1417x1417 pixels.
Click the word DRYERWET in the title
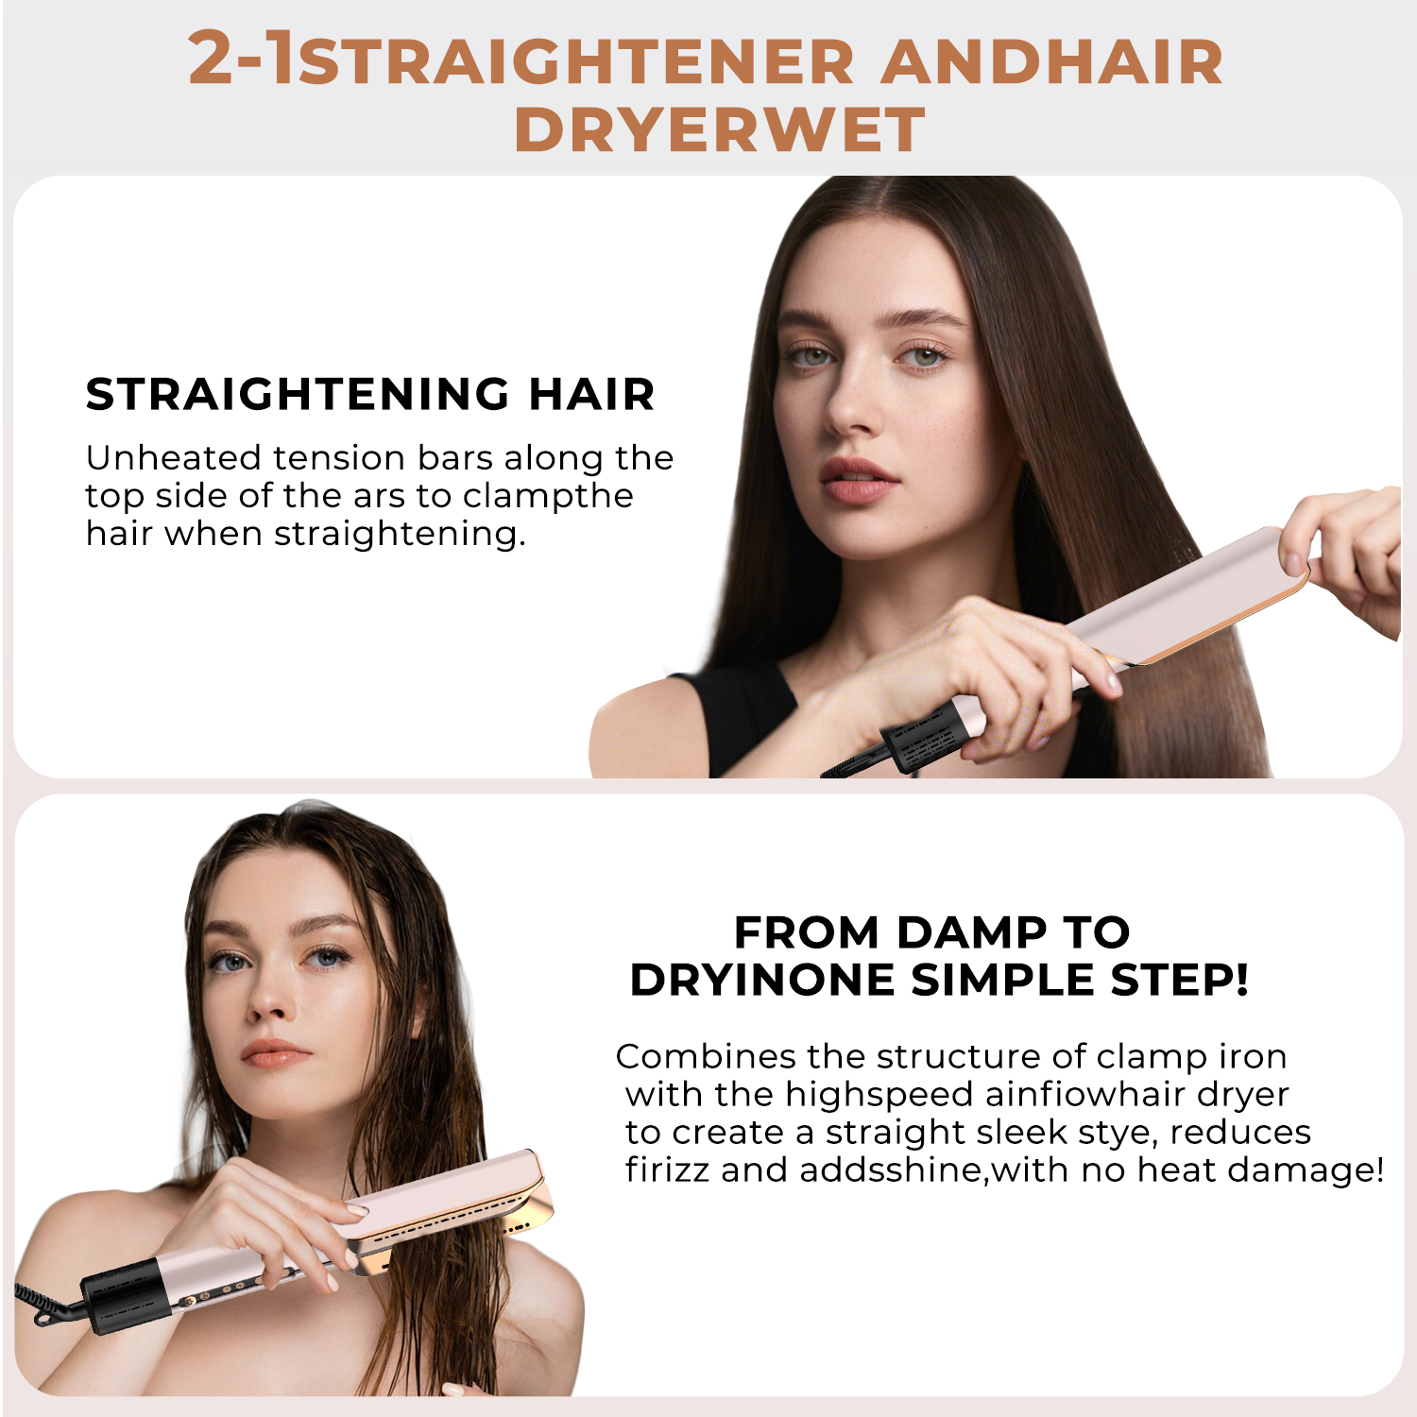pyautogui.click(x=719, y=129)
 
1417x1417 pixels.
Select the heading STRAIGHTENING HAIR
pyautogui.click(x=370, y=394)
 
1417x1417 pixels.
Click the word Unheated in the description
pyautogui.click(x=173, y=458)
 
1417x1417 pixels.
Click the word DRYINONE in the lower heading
pyautogui.click(x=761, y=980)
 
